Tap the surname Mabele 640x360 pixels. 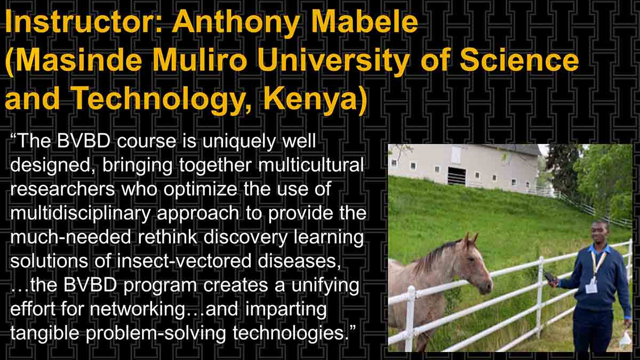(x=365, y=22)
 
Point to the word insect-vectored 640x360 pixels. (x=183, y=261)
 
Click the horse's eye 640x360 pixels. (x=471, y=259)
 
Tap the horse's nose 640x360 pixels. (x=487, y=286)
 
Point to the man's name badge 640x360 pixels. (x=591, y=287)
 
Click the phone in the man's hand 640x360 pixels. (x=549, y=277)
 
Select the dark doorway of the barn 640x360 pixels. (x=457, y=175)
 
